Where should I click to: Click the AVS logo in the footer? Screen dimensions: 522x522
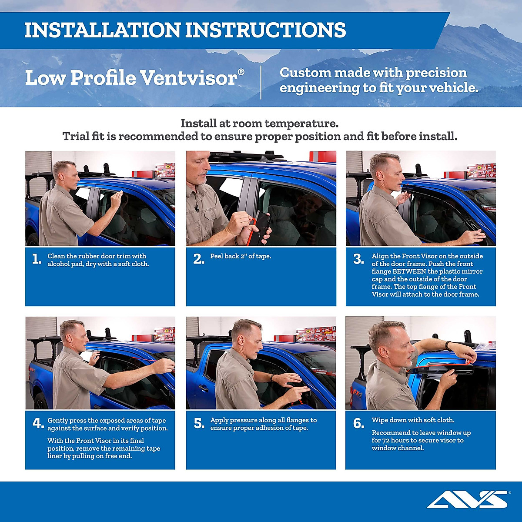[468, 499]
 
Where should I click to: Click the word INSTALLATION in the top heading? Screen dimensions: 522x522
[102, 30]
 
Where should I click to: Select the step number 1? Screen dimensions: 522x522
[37, 260]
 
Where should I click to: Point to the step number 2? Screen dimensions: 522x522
[198, 260]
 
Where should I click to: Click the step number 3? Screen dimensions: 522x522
[358, 260]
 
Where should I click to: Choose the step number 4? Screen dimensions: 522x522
[38, 423]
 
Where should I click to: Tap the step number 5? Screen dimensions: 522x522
[199, 424]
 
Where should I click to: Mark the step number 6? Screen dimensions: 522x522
[358, 424]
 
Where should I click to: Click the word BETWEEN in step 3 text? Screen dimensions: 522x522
[409, 271]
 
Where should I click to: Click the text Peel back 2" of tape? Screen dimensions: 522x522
[241, 256]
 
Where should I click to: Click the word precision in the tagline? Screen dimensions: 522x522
[435, 73]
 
